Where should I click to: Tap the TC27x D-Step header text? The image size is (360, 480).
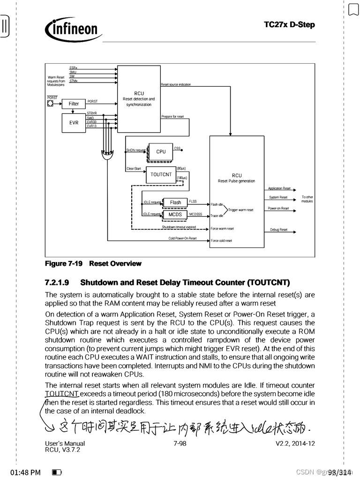click(x=289, y=24)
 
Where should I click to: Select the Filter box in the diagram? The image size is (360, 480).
click(x=74, y=104)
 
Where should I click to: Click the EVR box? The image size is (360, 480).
click(x=74, y=123)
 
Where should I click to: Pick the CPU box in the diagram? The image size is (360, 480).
click(x=161, y=151)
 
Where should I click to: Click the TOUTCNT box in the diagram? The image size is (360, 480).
click(x=161, y=174)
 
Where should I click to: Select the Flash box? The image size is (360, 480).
click(x=175, y=202)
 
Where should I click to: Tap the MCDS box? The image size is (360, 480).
click(x=175, y=215)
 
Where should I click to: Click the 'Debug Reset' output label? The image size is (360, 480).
click(x=278, y=230)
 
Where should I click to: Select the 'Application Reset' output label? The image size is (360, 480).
click(x=279, y=188)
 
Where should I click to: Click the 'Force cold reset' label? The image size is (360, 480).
click(x=221, y=241)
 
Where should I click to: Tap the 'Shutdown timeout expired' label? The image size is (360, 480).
click(x=179, y=227)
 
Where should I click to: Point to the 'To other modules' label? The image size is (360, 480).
click(x=307, y=199)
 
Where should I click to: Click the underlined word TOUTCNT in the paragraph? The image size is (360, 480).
click(x=62, y=394)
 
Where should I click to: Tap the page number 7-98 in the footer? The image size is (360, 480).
click(x=180, y=443)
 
